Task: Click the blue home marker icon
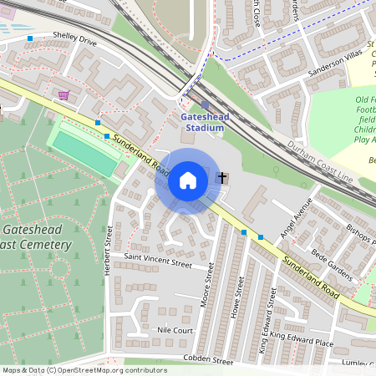188,180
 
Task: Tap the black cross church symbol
222,177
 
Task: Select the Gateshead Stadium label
204,122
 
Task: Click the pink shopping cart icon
64,95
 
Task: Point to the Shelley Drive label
74,39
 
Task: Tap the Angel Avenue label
295,219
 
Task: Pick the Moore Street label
210,284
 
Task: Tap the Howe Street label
241,298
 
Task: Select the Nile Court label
175,331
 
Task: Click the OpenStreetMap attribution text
84,370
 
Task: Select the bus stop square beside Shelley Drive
31,38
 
